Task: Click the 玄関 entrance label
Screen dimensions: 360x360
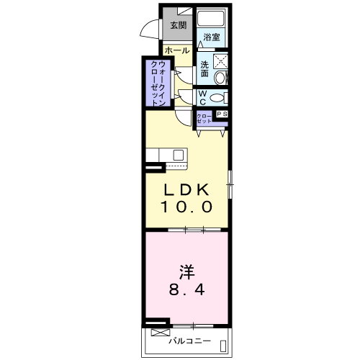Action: [x=179, y=25]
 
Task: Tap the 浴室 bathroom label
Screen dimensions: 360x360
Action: [x=212, y=37]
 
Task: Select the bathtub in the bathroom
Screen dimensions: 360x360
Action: [x=211, y=17]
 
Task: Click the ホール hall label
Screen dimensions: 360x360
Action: [x=177, y=50]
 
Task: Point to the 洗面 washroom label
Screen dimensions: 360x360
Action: [x=204, y=69]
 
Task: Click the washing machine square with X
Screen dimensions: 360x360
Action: [x=220, y=61]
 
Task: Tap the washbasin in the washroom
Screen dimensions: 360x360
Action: [x=220, y=78]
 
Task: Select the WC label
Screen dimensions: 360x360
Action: [x=202, y=98]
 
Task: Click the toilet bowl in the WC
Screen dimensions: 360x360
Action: [x=217, y=98]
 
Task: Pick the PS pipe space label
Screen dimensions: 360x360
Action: [x=222, y=114]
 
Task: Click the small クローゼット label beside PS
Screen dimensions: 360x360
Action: [x=204, y=119]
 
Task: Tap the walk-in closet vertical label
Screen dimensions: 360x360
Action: [x=158, y=84]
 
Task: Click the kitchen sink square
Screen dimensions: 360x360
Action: [x=179, y=155]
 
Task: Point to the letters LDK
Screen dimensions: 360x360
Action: [x=186, y=190]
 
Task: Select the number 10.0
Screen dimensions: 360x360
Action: [x=186, y=207]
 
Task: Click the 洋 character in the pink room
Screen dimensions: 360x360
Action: [x=186, y=272]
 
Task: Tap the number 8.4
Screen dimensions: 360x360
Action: [x=187, y=289]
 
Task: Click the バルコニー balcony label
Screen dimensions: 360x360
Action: [x=189, y=341]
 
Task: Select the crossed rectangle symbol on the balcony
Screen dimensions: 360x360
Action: [x=161, y=333]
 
